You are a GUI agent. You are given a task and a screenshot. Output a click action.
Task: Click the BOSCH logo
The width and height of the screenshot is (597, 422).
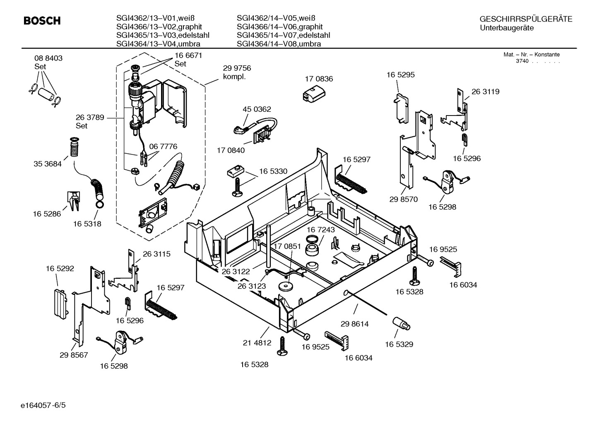click(42, 21)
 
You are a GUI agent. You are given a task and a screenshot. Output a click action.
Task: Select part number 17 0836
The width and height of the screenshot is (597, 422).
click(319, 79)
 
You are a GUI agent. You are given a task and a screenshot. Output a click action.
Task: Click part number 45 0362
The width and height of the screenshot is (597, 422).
click(257, 109)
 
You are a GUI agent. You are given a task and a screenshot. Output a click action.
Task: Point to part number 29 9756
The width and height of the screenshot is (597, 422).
click(237, 68)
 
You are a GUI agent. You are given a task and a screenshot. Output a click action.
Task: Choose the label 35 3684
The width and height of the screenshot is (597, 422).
click(47, 164)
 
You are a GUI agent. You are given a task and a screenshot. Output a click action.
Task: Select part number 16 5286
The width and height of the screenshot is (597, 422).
click(47, 214)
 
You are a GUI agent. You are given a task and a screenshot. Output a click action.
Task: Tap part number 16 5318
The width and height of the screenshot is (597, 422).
click(87, 224)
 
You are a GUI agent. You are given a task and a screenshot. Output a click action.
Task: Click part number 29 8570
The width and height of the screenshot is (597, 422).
click(403, 199)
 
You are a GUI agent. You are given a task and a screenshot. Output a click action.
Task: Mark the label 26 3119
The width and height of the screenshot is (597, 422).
click(485, 92)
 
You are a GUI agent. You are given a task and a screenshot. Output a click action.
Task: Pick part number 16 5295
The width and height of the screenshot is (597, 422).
click(400, 75)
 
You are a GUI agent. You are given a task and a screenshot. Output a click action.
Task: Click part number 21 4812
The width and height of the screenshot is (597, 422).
click(257, 342)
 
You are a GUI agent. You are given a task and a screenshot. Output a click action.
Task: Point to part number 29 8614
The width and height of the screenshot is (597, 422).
click(354, 324)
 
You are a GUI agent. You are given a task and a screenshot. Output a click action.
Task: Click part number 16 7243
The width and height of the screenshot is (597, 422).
click(320, 229)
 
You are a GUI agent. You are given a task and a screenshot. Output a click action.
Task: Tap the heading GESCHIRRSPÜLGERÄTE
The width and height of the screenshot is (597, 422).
click(526, 19)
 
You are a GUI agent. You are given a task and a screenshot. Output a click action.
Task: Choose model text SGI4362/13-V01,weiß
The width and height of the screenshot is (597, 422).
click(155, 18)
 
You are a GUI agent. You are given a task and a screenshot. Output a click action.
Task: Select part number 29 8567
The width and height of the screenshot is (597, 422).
click(74, 355)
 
